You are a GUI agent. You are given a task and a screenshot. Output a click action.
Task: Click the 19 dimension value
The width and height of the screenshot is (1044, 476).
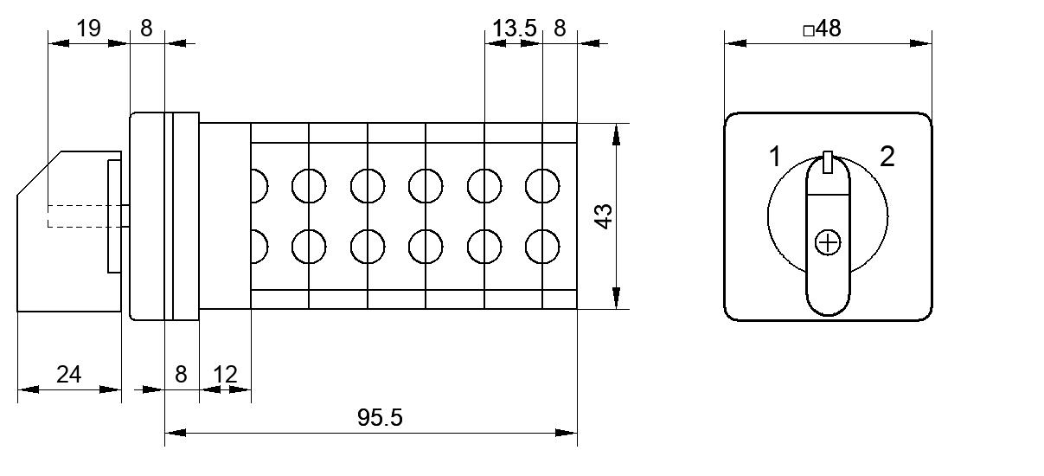[x=88, y=29]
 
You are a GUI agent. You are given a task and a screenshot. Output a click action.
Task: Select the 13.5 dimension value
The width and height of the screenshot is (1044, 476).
[x=515, y=29]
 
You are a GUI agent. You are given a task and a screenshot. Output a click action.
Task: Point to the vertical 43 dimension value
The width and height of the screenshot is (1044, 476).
[x=604, y=216]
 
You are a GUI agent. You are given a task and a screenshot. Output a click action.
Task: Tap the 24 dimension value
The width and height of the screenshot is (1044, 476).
[x=69, y=375]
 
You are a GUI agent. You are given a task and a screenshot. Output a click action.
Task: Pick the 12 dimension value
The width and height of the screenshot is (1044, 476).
[x=225, y=375]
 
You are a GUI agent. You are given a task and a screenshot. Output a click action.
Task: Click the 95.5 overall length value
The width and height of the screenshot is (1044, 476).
[x=380, y=417]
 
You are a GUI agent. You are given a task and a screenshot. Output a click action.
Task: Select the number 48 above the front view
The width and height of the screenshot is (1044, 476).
[x=829, y=29]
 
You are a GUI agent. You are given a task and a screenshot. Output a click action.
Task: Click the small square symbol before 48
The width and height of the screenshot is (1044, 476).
[x=809, y=31]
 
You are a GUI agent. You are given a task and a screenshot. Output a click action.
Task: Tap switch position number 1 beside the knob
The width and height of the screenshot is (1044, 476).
[x=775, y=156]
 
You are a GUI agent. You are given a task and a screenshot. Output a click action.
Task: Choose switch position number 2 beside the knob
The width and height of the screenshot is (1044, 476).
[x=887, y=156]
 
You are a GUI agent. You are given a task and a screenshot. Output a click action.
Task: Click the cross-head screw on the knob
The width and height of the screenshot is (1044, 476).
[x=828, y=242]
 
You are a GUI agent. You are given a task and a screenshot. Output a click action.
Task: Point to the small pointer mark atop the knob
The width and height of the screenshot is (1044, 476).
[x=828, y=162]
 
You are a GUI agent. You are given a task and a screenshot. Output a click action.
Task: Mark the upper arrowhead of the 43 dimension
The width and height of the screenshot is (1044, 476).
[x=616, y=135]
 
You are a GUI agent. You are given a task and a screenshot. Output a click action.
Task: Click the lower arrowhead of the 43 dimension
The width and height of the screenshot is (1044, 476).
[x=616, y=298]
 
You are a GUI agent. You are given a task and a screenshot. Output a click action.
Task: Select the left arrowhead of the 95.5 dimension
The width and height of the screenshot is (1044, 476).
[x=176, y=433]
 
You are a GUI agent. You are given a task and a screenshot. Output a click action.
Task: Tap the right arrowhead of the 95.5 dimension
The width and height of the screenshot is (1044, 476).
[x=567, y=433]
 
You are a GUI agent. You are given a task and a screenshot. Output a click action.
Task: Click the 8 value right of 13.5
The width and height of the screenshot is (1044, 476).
[x=560, y=29]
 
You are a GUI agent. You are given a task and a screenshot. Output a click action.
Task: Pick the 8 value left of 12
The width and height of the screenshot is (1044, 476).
[x=181, y=375]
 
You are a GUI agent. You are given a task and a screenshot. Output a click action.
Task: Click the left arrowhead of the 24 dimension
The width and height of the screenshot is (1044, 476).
[x=29, y=389]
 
